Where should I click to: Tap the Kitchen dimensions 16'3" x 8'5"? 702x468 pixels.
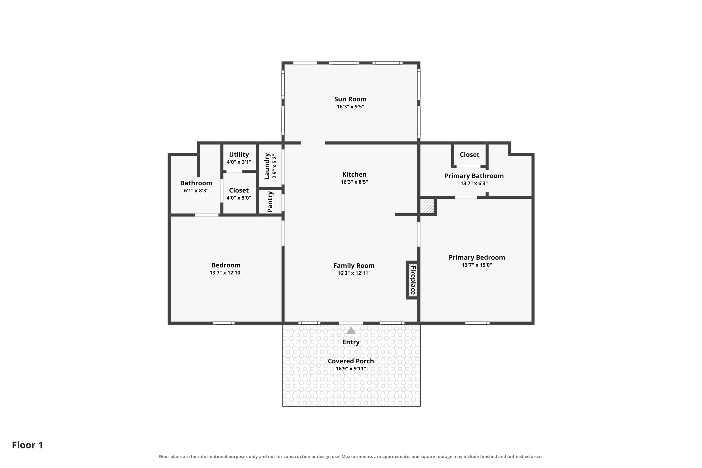(354, 182)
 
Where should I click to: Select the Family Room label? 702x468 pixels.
(354, 266)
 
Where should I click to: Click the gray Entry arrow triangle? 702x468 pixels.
(351, 330)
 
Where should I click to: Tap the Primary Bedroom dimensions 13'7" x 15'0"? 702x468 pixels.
(476, 265)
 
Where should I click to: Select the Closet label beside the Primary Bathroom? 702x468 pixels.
(469, 155)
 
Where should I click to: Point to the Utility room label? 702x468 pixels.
(239, 155)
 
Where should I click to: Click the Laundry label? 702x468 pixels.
(267, 166)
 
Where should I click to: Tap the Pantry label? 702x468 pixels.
(270, 202)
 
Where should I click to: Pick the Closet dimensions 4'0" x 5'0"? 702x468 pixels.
(239, 198)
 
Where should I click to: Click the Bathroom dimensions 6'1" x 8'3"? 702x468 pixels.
(196, 190)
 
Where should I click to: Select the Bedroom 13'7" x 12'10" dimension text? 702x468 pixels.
(226, 273)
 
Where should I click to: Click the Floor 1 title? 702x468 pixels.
(27, 445)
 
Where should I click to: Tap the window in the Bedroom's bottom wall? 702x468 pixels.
(223, 323)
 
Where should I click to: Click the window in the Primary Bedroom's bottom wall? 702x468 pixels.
(477, 323)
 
